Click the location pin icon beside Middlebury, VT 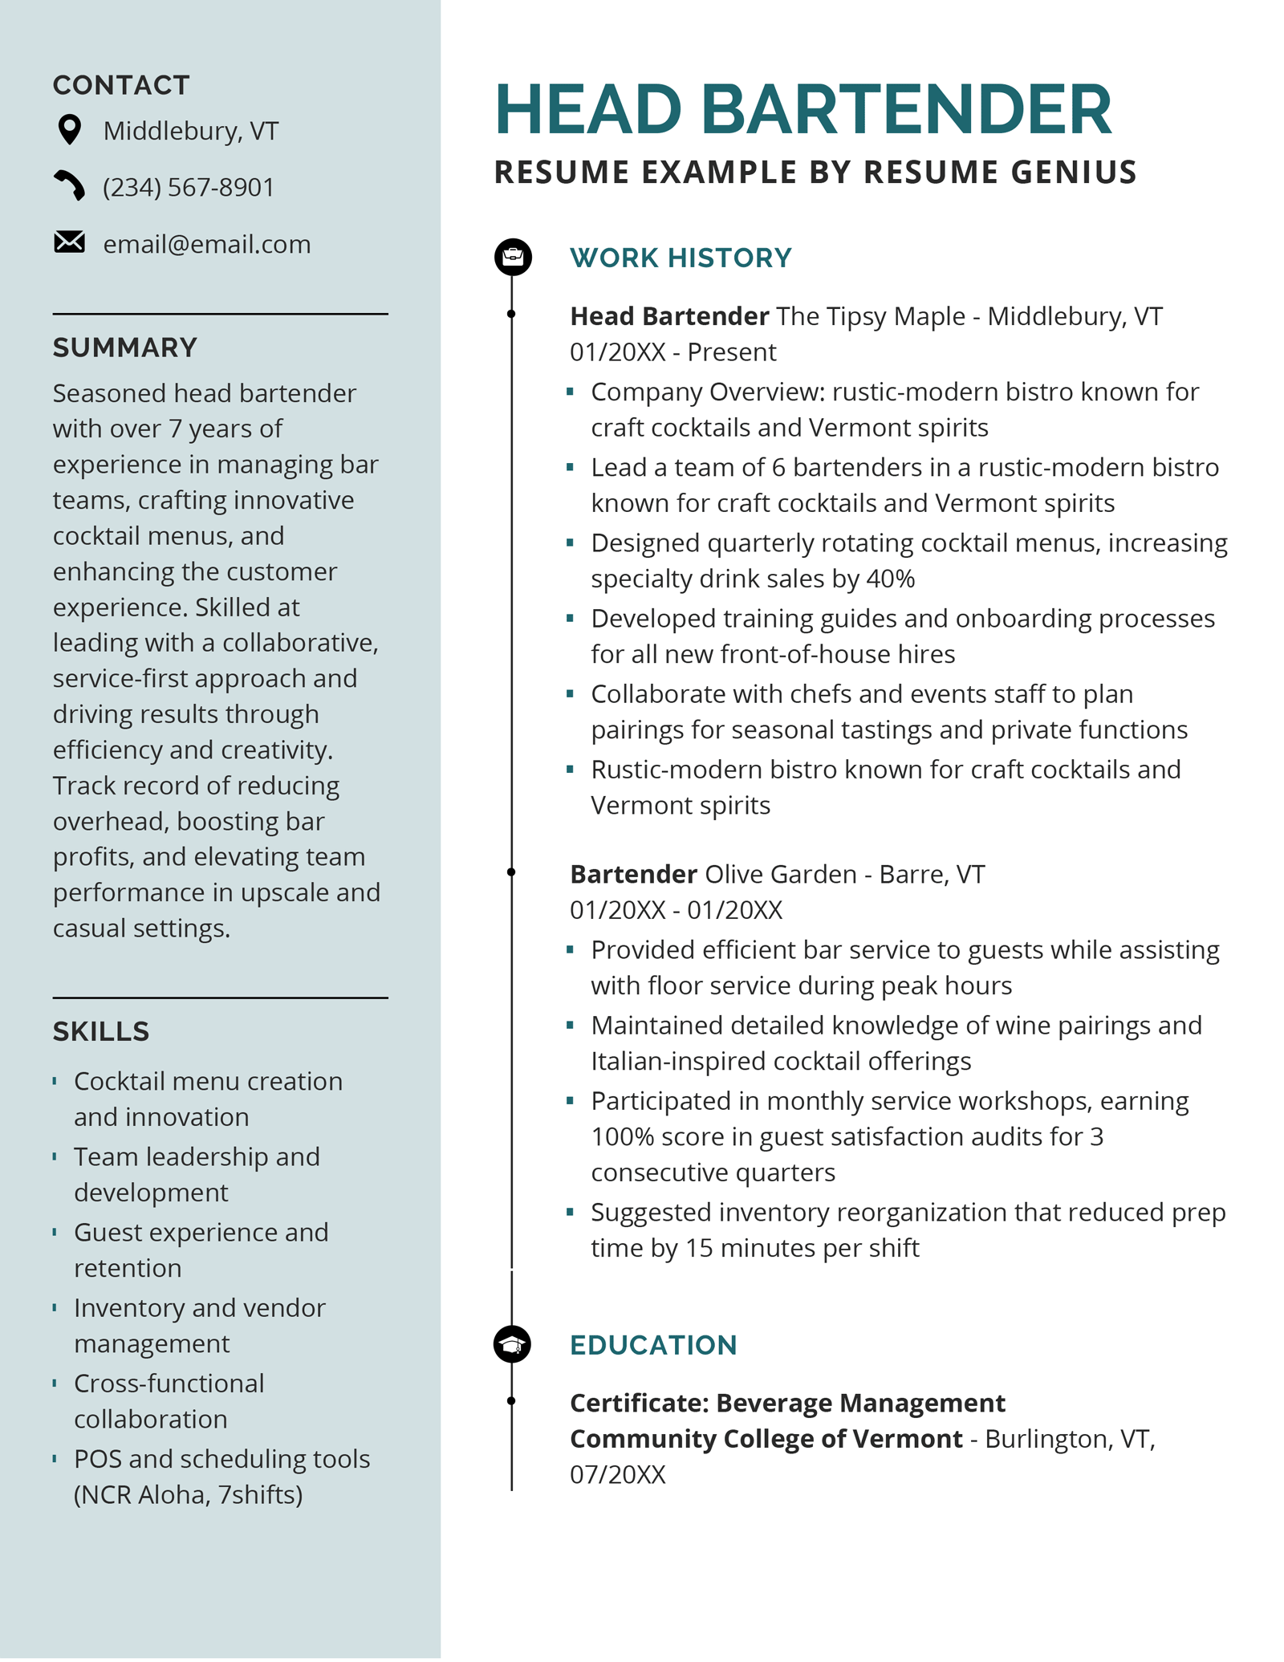(x=70, y=130)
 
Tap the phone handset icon (x=70, y=185)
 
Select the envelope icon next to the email (x=70, y=242)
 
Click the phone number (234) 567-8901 (x=189, y=187)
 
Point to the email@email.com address (x=207, y=244)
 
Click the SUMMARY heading (x=124, y=347)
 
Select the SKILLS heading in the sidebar (x=101, y=1032)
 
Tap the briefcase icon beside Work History (x=512, y=257)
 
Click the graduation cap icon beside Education (x=512, y=1344)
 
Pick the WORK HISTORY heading (x=681, y=258)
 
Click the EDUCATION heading (x=653, y=1345)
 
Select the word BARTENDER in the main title (x=906, y=110)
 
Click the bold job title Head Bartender (x=669, y=316)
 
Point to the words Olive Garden (x=780, y=874)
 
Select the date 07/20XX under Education (x=618, y=1475)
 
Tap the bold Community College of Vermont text (x=766, y=1439)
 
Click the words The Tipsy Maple (x=870, y=316)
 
